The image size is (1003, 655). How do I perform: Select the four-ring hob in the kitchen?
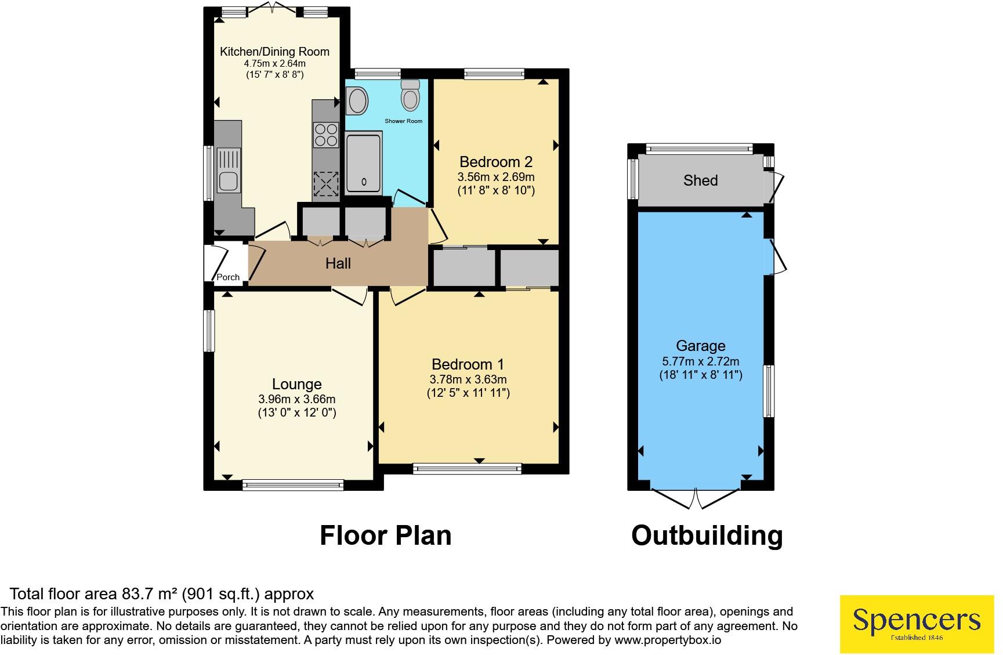click(x=325, y=135)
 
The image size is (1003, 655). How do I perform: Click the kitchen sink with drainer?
click(x=229, y=170)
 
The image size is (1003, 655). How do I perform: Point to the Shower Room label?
click(x=403, y=121)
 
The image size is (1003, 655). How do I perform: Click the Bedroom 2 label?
click(x=496, y=162)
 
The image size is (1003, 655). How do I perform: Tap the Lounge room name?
click(x=297, y=384)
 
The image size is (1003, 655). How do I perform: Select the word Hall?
click(x=338, y=263)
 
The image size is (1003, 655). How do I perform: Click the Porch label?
click(x=228, y=277)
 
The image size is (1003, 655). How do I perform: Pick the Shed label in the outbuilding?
click(x=700, y=180)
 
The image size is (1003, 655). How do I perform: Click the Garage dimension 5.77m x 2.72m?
click(x=701, y=361)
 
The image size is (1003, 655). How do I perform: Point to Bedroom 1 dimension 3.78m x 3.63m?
click(x=468, y=379)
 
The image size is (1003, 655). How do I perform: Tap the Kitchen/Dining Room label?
click(x=274, y=52)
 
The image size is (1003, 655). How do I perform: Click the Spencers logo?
click(x=917, y=624)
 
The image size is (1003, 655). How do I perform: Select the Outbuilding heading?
click(x=707, y=535)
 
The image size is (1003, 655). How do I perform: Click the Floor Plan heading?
click(x=386, y=535)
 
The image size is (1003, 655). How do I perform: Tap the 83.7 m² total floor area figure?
click(x=150, y=594)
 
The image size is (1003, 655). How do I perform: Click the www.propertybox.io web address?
click(x=668, y=640)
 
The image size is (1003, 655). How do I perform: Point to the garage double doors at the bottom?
click(x=697, y=498)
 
